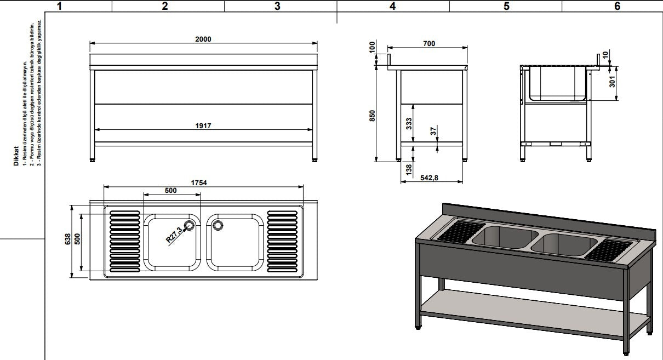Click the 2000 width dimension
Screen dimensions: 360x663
pos(203,39)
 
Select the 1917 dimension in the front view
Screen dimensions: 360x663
pos(203,126)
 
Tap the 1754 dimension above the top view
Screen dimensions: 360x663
pos(199,183)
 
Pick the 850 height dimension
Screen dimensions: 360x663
pos(372,116)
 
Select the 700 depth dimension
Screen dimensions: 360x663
pos(429,43)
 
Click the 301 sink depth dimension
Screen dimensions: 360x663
pos(613,81)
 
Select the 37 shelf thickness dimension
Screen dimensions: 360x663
pos(433,132)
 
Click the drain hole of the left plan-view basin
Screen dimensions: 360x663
pos(190,225)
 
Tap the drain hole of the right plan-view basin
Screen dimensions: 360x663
pos(218,225)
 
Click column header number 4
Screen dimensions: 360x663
pos(392,6)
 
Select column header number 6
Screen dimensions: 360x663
pos(617,6)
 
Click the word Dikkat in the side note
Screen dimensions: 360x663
pos(16,155)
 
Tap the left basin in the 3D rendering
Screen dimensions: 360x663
pos(501,236)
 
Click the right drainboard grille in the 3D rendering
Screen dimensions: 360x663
pos(608,250)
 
